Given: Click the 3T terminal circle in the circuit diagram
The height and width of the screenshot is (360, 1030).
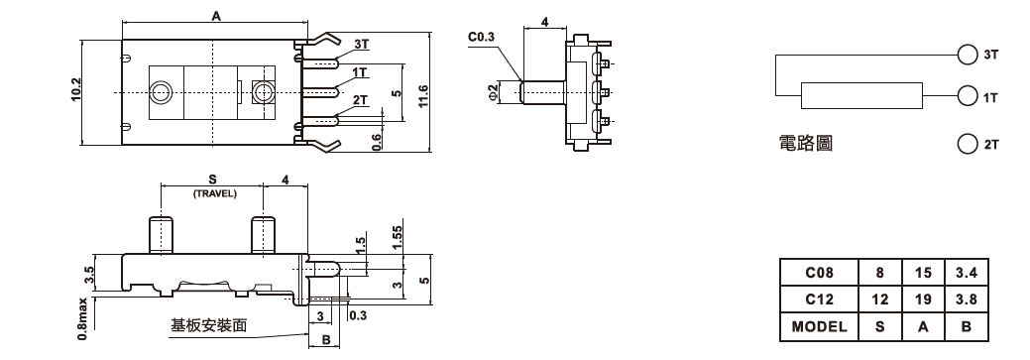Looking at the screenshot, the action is [x=968, y=55].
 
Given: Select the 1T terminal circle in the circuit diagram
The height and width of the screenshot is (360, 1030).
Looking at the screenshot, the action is [x=968, y=96].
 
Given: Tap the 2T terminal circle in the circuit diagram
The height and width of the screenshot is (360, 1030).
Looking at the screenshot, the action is [x=968, y=144].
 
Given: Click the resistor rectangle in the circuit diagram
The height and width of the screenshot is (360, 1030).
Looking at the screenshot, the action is [x=861, y=96].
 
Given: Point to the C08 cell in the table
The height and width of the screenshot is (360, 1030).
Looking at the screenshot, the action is [x=819, y=273].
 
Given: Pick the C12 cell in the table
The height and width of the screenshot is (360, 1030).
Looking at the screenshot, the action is [x=819, y=300].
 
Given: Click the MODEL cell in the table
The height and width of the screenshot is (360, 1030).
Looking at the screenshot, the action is [x=819, y=326].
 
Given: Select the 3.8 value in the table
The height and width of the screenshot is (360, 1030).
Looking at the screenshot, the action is [x=967, y=300].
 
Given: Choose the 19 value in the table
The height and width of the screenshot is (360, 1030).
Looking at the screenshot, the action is [x=923, y=300].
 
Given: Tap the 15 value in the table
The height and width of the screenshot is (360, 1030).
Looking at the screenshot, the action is [x=923, y=273].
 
